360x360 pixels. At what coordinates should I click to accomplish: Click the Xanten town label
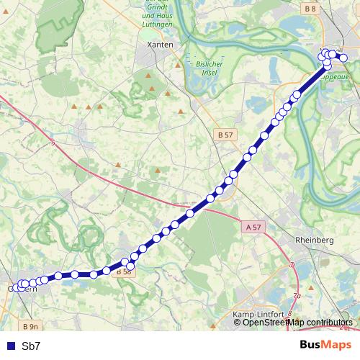160,45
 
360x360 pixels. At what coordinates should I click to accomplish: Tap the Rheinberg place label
315,240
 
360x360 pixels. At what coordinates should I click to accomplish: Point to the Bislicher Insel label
211,68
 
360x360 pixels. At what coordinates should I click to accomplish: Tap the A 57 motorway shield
253,227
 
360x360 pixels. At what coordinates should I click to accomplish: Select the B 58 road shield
122,271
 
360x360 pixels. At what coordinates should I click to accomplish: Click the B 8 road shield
310,9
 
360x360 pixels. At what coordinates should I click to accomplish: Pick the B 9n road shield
30,325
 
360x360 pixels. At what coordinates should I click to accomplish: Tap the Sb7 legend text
31,346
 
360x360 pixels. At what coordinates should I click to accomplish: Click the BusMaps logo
325,345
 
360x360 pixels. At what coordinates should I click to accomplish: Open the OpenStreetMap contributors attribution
297,323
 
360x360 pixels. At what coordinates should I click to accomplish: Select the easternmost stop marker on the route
343,58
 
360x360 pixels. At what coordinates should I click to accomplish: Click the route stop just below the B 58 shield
130,267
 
